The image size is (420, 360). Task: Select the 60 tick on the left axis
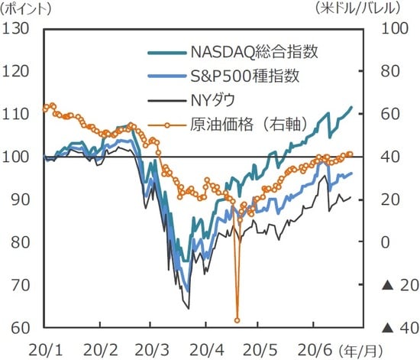20,328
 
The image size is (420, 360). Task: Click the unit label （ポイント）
29,9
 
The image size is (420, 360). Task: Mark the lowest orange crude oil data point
237,320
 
